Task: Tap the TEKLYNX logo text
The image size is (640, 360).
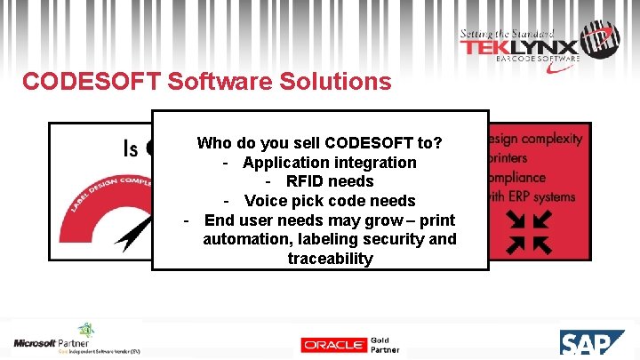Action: point(519,48)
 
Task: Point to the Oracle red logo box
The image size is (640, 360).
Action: point(332,345)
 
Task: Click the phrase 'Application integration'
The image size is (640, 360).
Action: point(329,162)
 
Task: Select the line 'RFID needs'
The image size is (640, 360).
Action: point(330,181)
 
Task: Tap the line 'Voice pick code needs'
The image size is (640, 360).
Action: point(330,201)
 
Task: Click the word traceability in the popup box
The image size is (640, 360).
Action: point(330,259)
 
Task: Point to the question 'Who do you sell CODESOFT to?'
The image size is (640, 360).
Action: point(320,142)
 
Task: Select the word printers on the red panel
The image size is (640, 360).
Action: point(508,157)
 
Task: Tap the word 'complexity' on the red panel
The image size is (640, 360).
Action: point(553,139)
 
